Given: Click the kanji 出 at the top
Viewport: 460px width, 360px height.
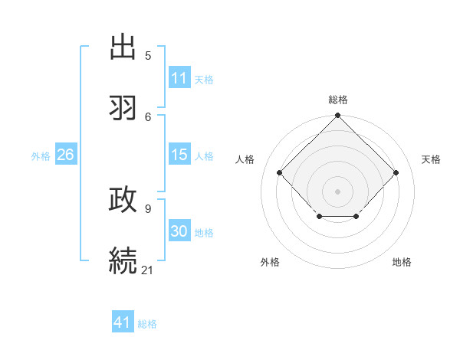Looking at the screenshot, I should click(x=123, y=47).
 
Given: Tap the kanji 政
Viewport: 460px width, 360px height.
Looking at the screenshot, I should click(x=123, y=199).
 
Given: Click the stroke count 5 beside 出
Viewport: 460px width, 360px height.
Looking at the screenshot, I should click(x=148, y=55).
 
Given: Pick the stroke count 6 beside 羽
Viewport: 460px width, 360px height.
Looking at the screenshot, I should click(x=148, y=116).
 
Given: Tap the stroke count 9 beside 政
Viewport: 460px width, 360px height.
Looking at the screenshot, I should click(x=148, y=208).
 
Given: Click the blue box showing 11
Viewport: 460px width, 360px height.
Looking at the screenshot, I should click(x=179, y=78).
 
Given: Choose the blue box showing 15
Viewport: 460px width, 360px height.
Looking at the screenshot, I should click(x=179, y=155).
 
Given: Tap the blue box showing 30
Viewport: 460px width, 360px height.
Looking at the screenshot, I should click(x=179, y=231).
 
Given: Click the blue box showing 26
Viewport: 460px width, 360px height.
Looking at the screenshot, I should click(x=65, y=155).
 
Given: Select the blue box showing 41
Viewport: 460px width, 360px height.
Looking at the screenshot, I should click(x=123, y=322).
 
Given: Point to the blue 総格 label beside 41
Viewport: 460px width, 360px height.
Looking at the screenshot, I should click(x=147, y=324).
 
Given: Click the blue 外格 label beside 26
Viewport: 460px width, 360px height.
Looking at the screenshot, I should click(x=41, y=156).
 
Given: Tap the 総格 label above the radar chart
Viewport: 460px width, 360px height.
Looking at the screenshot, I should click(x=338, y=100).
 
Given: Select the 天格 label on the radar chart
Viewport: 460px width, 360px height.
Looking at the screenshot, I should click(x=431, y=159).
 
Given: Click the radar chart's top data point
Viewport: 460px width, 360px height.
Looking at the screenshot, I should click(x=338, y=116).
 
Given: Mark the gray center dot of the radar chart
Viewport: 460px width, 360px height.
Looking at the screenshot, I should click(x=338, y=191).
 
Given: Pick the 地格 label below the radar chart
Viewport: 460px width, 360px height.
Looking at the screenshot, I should click(x=402, y=262).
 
